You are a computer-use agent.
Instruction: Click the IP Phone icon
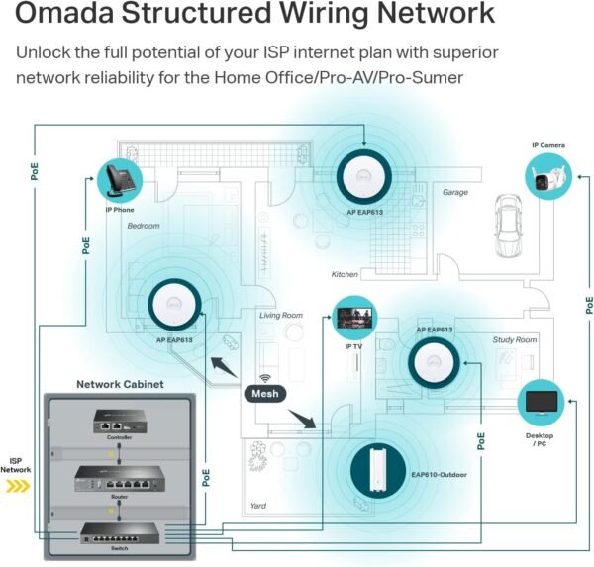click(119, 180)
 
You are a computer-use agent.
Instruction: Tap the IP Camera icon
click(547, 176)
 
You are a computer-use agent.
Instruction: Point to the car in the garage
click(509, 215)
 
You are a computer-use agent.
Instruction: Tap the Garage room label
click(455, 193)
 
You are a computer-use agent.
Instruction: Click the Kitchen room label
click(345, 274)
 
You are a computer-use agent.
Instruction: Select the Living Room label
click(281, 316)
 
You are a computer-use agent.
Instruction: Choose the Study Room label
click(515, 339)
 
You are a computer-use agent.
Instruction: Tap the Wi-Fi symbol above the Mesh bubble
click(266, 377)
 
